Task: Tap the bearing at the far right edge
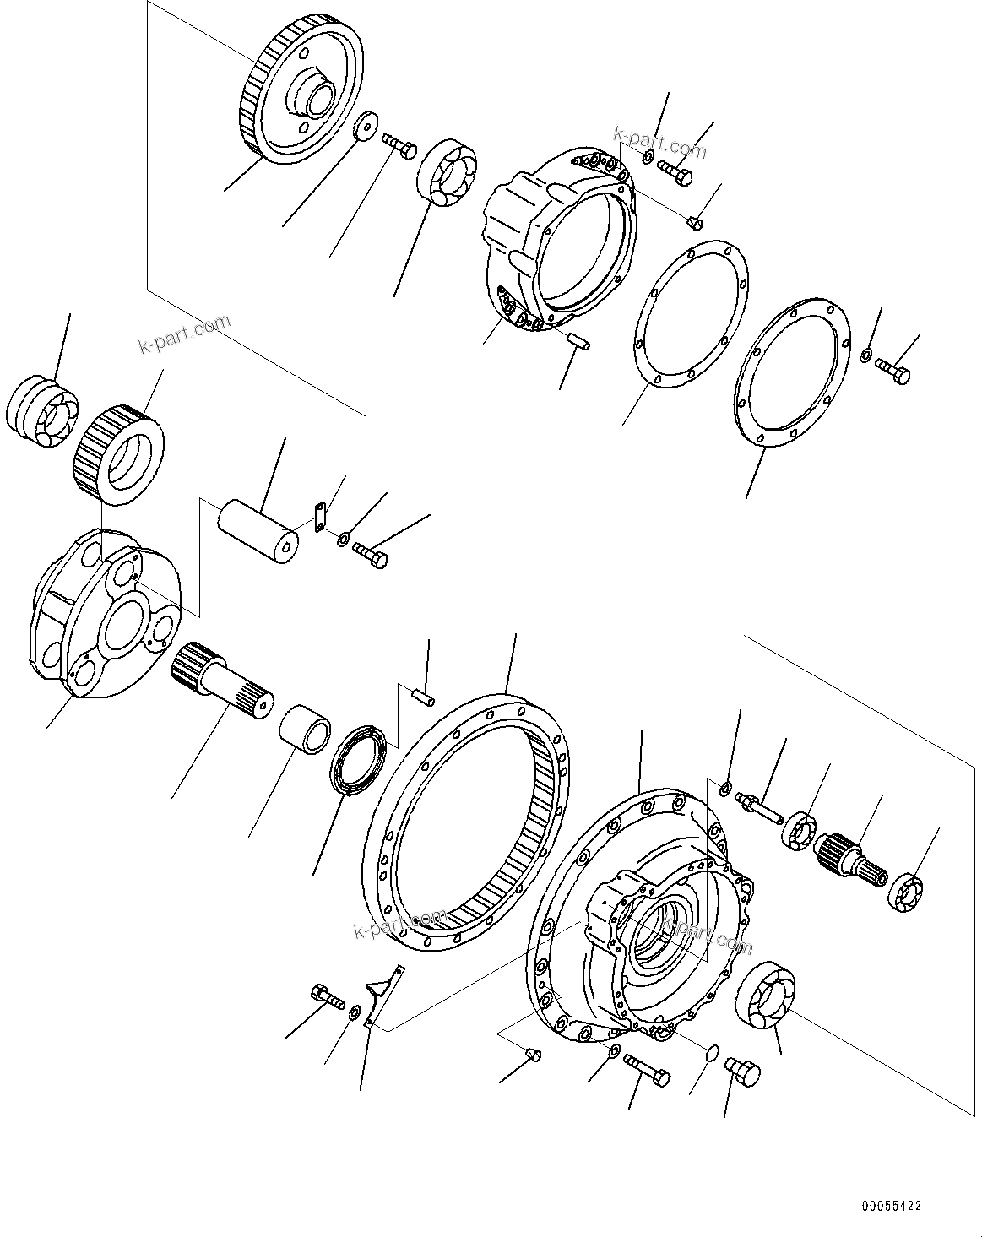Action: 907,894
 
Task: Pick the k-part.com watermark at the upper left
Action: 184,335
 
